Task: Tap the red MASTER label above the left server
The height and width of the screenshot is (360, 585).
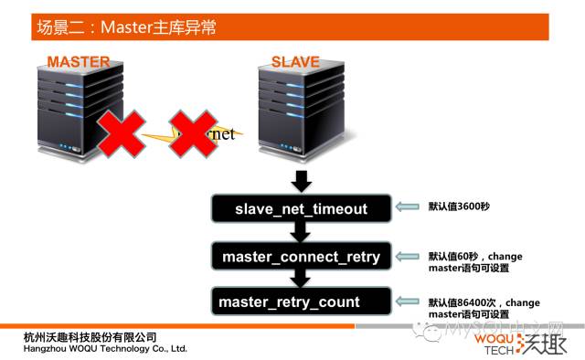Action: [x=79, y=62]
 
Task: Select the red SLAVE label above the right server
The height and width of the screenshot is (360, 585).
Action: [x=295, y=62]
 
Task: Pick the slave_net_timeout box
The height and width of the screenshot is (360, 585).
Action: [x=301, y=209]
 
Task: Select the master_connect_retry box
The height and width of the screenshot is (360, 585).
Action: [x=301, y=257]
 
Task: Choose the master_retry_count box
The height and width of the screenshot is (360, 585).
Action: [x=301, y=302]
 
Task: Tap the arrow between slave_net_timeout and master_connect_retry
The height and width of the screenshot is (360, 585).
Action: [x=301, y=232]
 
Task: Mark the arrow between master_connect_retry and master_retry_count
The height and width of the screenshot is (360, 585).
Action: [x=301, y=279]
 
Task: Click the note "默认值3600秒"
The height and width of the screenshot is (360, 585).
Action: [x=459, y=207]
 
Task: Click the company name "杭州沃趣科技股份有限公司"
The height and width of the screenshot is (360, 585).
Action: [x=90, y=336]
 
